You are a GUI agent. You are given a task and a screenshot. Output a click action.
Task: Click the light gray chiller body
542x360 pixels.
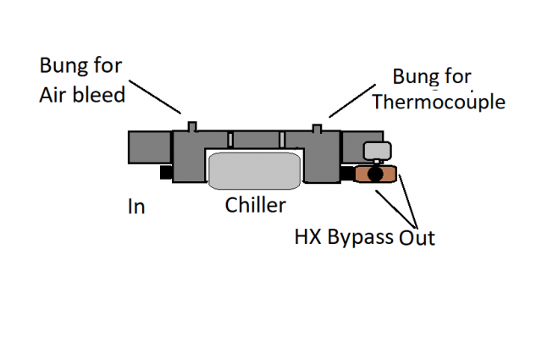[254, 170]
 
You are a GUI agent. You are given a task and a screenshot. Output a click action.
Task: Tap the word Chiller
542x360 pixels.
[256, 205]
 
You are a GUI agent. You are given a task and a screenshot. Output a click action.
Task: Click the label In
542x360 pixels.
[135, 206]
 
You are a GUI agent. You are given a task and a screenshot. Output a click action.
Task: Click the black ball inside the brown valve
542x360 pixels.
[375, 174]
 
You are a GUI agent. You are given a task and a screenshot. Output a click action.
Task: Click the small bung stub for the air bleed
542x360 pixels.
[192, 126]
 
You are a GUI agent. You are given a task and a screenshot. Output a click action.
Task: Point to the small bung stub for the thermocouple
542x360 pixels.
[318, 128]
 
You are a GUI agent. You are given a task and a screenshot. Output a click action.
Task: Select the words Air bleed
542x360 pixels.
[81, 94]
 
